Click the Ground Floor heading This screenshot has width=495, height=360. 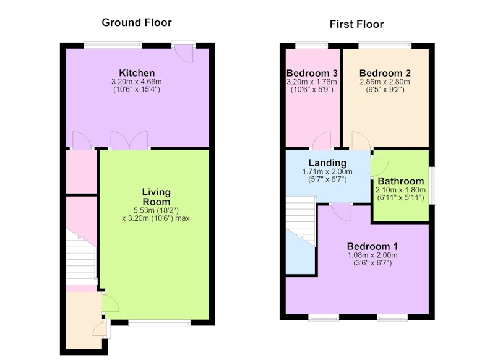[x=137, y=23]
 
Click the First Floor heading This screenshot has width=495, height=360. [x=356, y=24]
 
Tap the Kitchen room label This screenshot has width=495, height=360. [x=137, y=73]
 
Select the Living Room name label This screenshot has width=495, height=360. [x=157, y=197]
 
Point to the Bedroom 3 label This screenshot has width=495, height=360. [x=312, y=73]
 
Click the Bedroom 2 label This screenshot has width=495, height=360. [x=385, y=73]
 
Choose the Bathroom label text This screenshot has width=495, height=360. [x=400, y=181]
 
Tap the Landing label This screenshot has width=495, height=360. [x=327, y=163]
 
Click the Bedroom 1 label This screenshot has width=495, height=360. [x=372, y=246]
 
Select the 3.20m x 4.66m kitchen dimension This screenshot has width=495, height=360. [x=136, y=82]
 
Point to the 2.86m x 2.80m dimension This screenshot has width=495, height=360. [x=385, y=82]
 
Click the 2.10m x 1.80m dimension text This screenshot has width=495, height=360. [x=400, y=190]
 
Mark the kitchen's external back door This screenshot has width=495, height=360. [x=184, y=51]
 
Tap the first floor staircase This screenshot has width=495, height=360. [x=301, y=221]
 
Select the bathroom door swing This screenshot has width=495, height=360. [x=379, y=167]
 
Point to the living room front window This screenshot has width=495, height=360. [x=160, y=322]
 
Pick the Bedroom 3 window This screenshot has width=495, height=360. [x=312, y=46]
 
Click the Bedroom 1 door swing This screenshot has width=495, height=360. [x=342, y=212]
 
